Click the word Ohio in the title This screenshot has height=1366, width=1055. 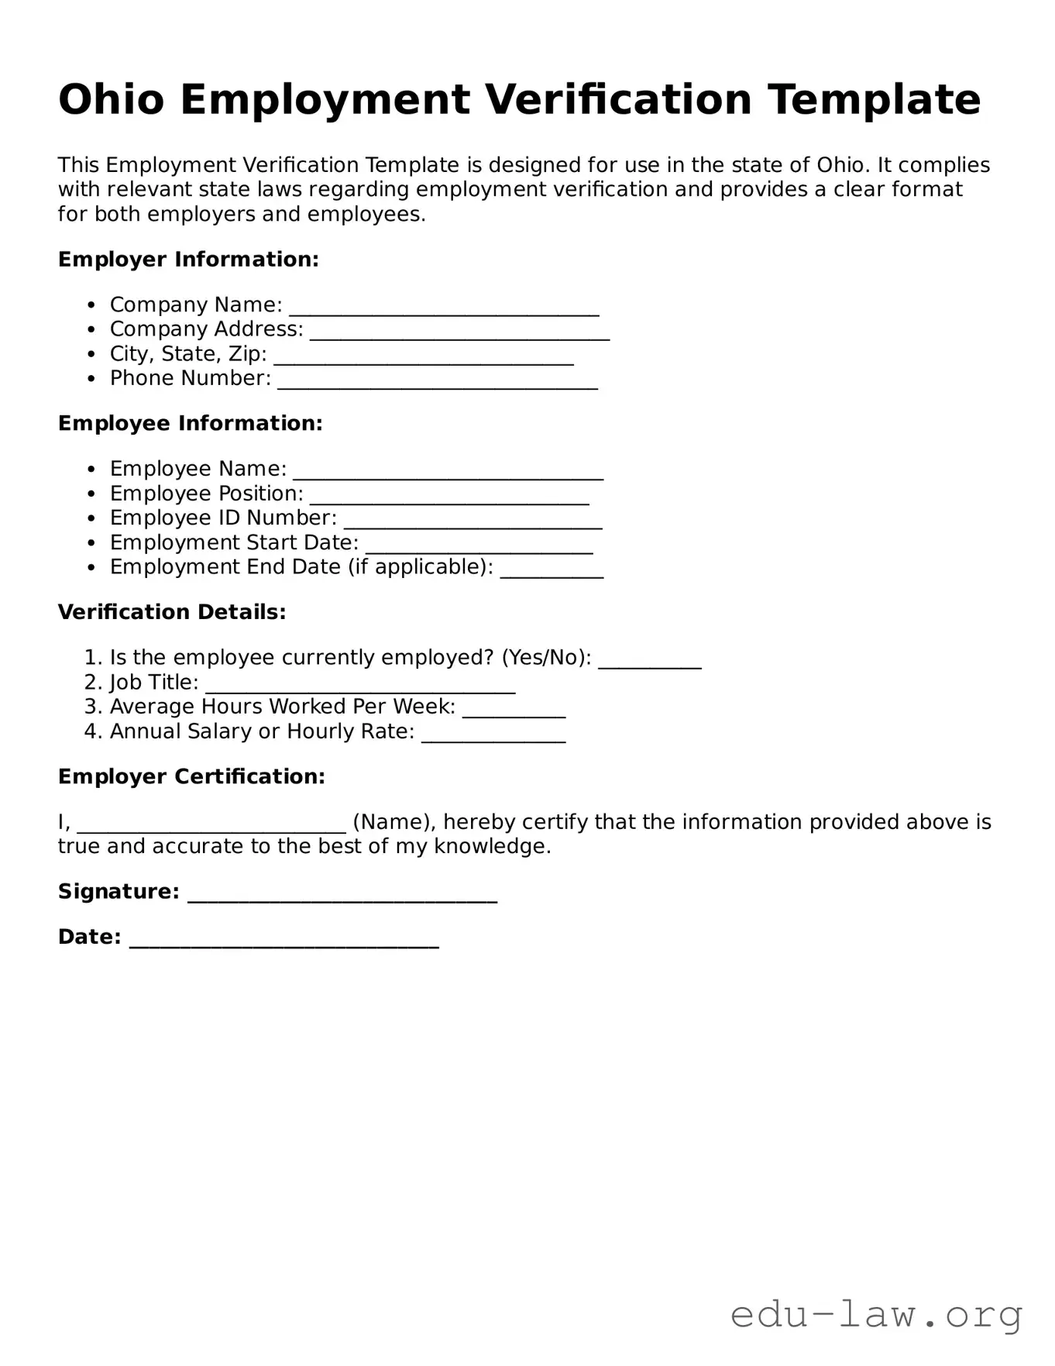point(111,100)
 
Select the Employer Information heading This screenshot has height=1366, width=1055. point(188,260)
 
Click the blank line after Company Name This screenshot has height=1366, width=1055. point(444,307)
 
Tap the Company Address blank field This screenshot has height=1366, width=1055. point(459,332)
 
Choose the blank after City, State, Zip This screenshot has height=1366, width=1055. point(424,356)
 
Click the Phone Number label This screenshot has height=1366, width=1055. point(190,378)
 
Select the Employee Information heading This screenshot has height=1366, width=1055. point(190,424)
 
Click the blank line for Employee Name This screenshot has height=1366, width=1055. point(448,471)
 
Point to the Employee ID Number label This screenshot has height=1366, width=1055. point(223,518)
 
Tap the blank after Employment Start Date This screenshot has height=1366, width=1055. point(479,545)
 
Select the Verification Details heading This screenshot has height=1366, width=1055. point(172,612)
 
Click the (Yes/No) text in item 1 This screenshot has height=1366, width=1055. point(546,658)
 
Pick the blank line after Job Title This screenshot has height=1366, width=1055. point(360,685)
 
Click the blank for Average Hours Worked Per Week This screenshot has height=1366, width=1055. point(514,709)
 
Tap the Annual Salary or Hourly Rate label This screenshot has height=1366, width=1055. point(262,731)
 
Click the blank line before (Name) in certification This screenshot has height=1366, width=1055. point(211,824)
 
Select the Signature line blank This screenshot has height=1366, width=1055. point(342,894)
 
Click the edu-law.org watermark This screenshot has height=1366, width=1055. point(876,1316)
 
